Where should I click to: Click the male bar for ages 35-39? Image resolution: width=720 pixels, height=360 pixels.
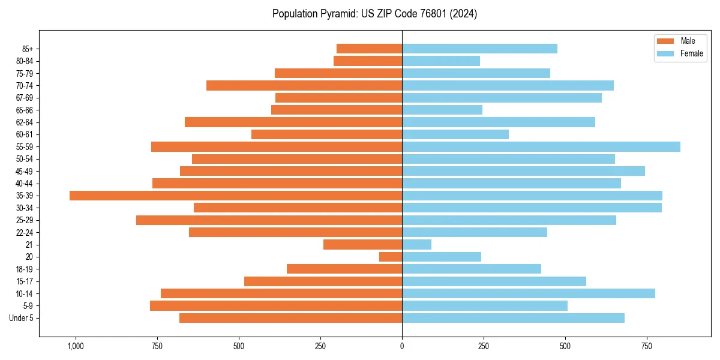pos(236,196)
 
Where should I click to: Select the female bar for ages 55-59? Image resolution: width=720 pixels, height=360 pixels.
pos(541,147)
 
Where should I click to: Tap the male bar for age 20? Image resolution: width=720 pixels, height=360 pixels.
pos(391,257)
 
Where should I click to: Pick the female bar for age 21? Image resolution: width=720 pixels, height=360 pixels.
pos(416,245)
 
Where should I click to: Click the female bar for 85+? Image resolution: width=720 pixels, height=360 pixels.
pos(479,49)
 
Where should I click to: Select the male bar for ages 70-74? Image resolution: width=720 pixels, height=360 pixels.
pos(304,86)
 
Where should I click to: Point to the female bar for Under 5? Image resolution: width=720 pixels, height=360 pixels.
pos(513,318)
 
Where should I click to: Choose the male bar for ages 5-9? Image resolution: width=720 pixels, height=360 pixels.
pos(276,306)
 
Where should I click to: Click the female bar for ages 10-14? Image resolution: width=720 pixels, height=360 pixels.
pos(528,293)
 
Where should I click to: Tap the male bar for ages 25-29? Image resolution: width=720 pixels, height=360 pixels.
pos(269,220)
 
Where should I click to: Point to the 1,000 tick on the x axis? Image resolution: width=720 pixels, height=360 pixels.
pos(76,346)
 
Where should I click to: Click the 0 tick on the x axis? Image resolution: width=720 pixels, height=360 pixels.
pos(402,346)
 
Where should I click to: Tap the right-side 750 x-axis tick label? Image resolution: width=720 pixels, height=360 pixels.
pos(646,346)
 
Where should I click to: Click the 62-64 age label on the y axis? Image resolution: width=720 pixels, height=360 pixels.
pos(25,122)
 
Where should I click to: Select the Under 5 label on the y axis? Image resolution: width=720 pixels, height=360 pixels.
pos(22,318)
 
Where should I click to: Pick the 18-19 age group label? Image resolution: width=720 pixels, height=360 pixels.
pos(25,269)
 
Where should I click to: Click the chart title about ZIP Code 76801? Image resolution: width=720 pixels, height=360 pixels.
pos(374,14)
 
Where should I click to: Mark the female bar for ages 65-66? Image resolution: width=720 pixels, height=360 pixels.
pos(442,110)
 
